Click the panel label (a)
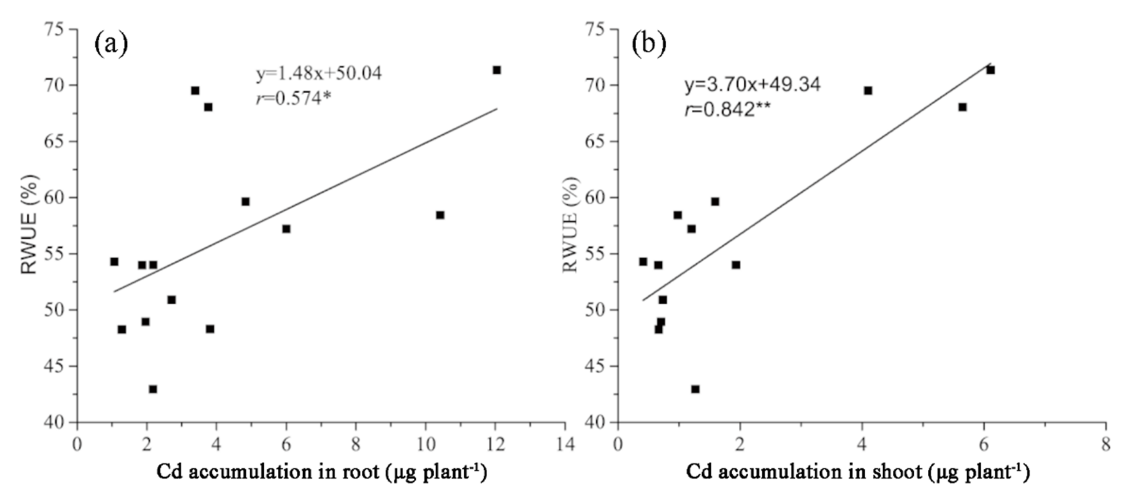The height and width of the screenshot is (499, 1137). coord(111,45)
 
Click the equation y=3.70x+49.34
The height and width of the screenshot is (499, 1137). coord(752,84)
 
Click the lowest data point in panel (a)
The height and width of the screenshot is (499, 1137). coord(153,389)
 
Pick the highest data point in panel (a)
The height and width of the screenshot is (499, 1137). coord(497,70)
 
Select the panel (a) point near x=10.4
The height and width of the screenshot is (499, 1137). coord(440,215)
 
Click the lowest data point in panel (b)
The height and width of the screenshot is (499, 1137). coord(695,389)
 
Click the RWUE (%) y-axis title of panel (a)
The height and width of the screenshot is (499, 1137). coord(30,224)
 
